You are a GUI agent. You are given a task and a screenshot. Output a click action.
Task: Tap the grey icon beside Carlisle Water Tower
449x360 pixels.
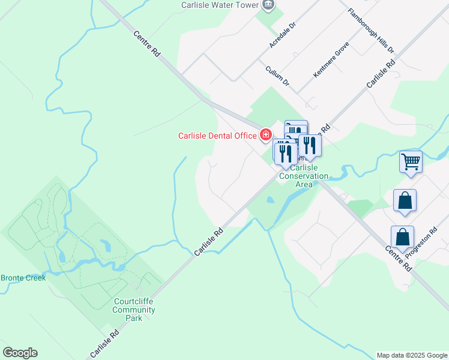point(268,5)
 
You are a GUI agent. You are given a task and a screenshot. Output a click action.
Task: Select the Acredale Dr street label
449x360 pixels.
point(283,37)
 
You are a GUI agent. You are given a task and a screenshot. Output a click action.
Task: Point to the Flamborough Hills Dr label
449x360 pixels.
point(371,31)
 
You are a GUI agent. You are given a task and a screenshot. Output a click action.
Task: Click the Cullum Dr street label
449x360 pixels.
point(277,76)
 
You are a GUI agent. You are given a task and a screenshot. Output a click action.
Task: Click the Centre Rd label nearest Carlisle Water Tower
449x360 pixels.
point(146,44)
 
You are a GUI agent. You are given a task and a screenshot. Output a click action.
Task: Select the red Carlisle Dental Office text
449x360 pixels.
point(217,136)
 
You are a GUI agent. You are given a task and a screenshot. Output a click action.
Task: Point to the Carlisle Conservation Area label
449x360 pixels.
point(304,176)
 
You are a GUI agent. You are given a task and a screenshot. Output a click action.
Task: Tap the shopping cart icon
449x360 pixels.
point(411,161)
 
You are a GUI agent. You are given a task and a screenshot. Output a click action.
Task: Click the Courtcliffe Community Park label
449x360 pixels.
point(134,310)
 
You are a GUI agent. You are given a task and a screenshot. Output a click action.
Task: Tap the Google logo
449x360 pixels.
point(20,353)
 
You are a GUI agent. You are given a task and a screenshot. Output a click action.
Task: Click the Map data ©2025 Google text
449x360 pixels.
point(412,355)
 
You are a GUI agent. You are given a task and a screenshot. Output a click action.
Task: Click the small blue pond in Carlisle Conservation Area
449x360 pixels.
point(270,200)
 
